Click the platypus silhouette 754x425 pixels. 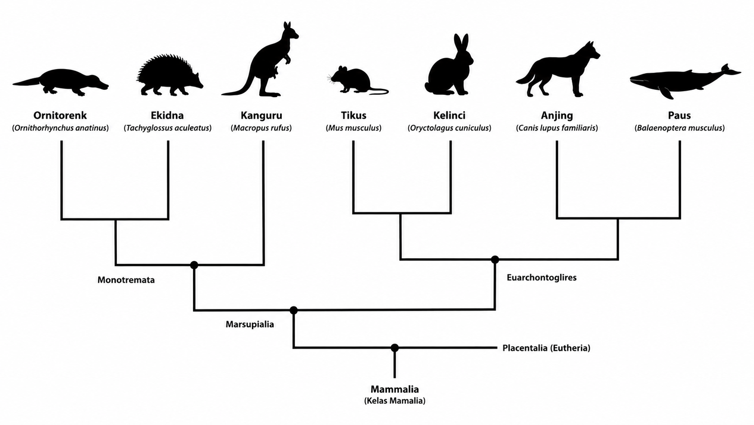(x=60, y=83)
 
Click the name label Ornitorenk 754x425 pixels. (x=60, y=115)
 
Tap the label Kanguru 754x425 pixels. (x=261, y=115)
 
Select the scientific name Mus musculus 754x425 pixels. (x=354, y=128)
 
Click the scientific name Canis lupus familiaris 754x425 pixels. (x=557, y=128)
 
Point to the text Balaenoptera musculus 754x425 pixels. (x=680, y=128)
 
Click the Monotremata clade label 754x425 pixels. (x=126, y=280)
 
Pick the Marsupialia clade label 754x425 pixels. (x=250, y=324)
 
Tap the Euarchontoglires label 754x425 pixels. (x=542, y=277)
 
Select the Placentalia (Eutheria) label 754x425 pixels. (x=546, y=348)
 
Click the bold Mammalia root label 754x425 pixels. (x=395, y=389)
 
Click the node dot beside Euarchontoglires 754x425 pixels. (x=495, y=260)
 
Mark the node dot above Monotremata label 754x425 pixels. (x=194, y=265)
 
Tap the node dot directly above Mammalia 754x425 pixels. (x=395, y=348)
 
